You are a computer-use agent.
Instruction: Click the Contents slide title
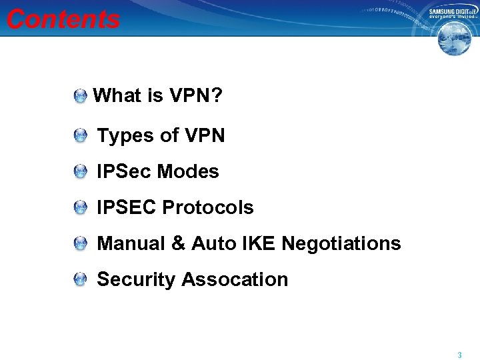63,19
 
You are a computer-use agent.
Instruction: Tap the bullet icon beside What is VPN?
80,97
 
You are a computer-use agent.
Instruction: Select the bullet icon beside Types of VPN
80,137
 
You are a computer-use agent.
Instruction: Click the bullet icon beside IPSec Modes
80,173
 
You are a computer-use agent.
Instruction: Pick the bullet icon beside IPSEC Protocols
80,209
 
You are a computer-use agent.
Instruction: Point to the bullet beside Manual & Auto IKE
80,245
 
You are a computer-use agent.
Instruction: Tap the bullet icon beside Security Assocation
80,281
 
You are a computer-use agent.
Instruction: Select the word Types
126,136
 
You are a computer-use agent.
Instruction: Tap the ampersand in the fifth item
178,244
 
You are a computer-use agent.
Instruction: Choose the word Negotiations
341,244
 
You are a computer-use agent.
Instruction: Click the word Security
136,280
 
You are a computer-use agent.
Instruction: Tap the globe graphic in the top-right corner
454,38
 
